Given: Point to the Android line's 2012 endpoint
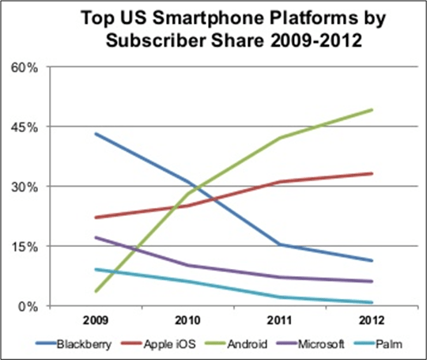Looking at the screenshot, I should [x=372, y=110].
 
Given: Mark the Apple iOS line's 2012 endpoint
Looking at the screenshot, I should [x=372, y=173].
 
